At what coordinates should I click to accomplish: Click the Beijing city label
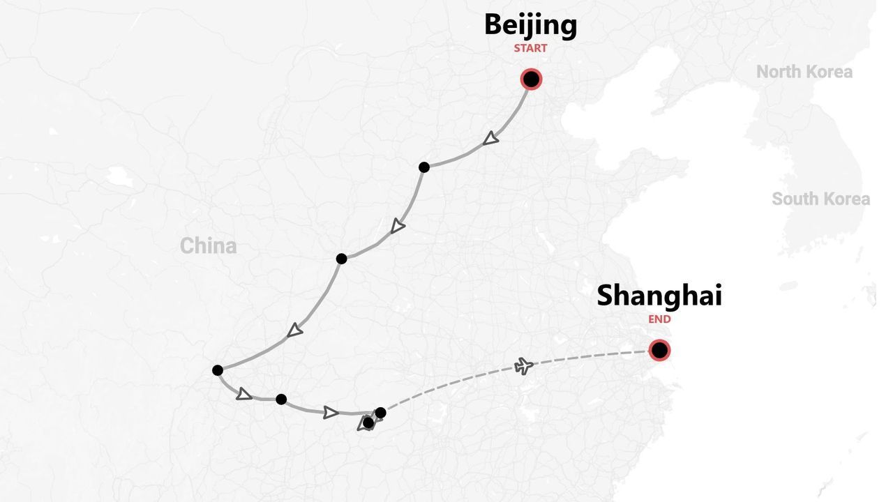point(530,25)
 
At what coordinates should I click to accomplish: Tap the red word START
point(530,48)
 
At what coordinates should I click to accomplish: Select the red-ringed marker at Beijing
point(531,79)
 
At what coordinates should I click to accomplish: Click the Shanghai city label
point(659,296)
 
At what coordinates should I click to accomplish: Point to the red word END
point(659,319)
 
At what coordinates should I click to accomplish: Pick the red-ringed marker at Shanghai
point(659,350)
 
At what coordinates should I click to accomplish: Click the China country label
point(208,245)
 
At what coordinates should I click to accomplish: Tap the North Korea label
point(804,72)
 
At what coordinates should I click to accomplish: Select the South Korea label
point(820,199)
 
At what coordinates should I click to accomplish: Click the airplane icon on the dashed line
point(524,365)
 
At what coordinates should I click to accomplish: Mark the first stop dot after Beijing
point(424,167)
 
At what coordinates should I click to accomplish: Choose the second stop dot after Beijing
point(341,259)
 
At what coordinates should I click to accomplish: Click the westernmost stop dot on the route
point(218,370)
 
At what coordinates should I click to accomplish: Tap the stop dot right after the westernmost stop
point(281,400)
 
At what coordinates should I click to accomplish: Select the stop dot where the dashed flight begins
point(380,413)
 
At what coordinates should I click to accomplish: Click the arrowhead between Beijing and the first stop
point(491,139)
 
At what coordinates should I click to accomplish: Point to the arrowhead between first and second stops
point(398,226)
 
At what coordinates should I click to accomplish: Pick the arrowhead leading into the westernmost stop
point(295,330)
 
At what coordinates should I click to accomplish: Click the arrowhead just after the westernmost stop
point(243,394)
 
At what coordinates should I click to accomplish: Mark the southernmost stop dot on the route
point(368,423)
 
